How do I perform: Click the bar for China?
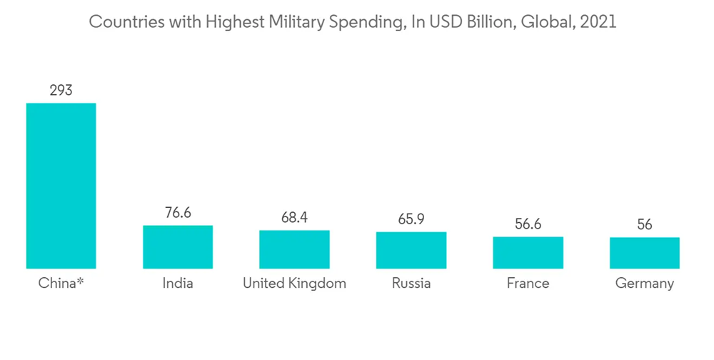(x=61, y=186)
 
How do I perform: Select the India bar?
(x=178, y=247)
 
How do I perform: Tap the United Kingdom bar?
(x=294, y=249)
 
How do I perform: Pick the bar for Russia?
(x=411, y=250)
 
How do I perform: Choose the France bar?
(x=528, y=253)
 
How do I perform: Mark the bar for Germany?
(x=645, y=253)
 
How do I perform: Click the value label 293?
(x=61, y=91)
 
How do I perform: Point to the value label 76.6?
(x=178, y=213)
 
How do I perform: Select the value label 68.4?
(x=294, y=217)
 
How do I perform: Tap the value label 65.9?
(x=411, y=219)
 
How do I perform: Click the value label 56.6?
(x=528, y=224)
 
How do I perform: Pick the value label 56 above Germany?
(x=645, y=225)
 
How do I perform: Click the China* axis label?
(x=61, y=284)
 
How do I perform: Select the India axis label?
(x=178, y=284)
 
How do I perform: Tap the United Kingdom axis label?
(x=294, y=284)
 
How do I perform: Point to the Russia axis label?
(x=411, y=284)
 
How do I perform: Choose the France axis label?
(x=528, y=284)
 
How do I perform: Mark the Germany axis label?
(x=645, y=284)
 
